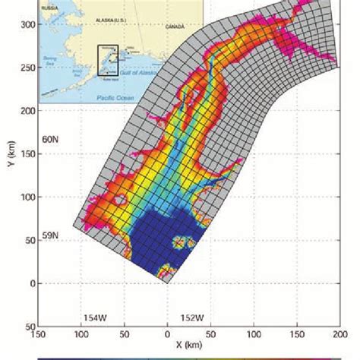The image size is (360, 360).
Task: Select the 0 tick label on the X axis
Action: pyautogui.click(x=167, y=333)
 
